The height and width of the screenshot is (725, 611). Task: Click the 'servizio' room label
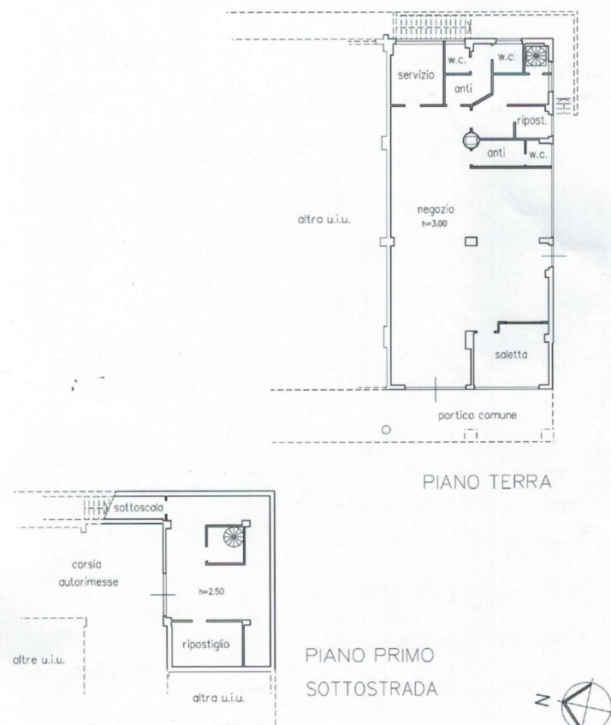pos(416,75)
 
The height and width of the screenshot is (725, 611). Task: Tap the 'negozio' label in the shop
pos(436,209)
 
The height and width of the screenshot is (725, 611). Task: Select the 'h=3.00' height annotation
pos(434,223)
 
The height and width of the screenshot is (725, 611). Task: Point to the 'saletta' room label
pos(511,355)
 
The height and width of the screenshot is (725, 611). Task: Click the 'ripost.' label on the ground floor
pos(532,121)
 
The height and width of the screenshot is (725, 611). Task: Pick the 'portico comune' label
pos(478,416)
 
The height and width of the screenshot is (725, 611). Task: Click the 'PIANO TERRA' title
pos(487,482)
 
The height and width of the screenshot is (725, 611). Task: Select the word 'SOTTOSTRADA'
pos(371,689)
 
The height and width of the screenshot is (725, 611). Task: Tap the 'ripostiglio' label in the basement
pos(206,644)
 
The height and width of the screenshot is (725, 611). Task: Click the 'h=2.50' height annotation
pos(211,592)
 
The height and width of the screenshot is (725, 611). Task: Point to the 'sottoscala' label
pos(139,508)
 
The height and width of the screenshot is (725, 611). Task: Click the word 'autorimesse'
pos(88,581)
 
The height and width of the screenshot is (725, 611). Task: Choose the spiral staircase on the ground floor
pos(536,56)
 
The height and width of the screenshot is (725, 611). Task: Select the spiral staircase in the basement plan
pos(233,537)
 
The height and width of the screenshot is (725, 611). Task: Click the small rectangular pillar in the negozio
pos(472,241)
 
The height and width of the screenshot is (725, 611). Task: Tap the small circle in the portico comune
pos(386,429)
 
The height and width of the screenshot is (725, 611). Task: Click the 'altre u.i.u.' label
pos(39,660)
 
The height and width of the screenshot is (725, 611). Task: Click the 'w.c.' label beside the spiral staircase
pos(507,57)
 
